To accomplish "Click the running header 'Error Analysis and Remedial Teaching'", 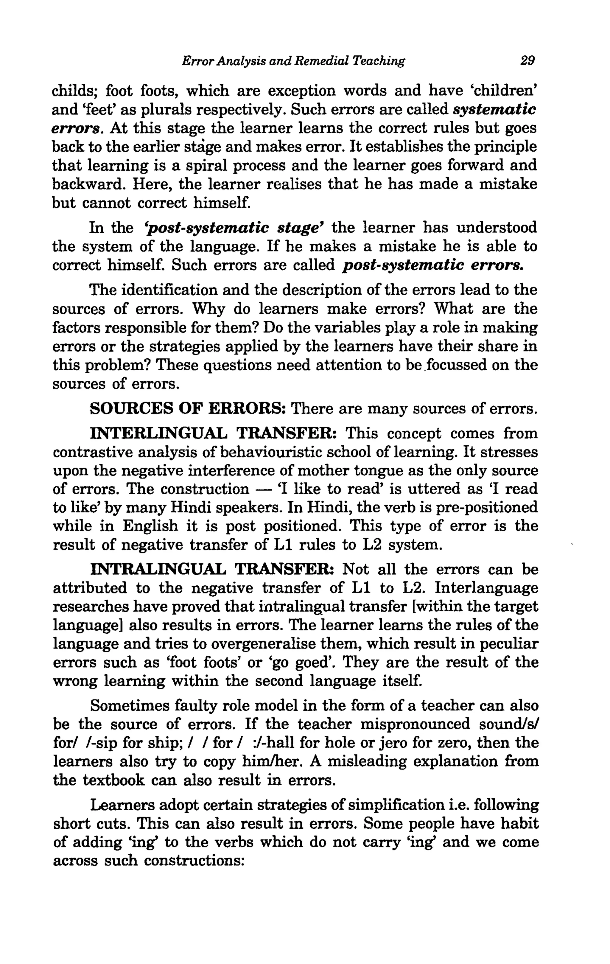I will pos(293,61).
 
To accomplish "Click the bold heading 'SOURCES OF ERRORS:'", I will pos(187,409).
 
